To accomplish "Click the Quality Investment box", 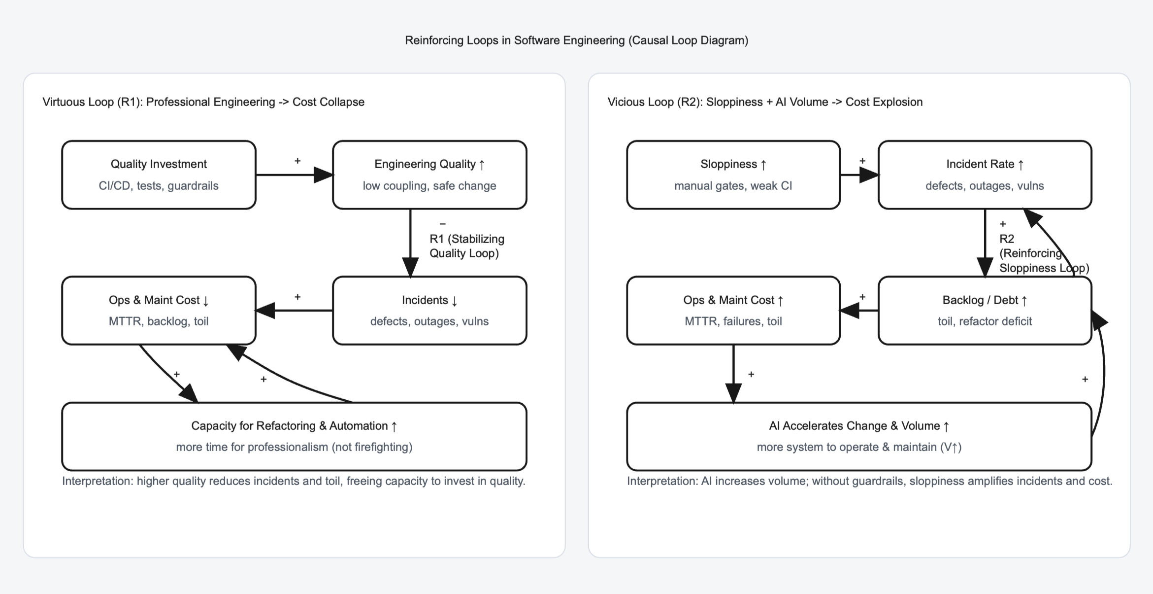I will (x=159, y=175).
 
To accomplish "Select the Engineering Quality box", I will (x=429, y=175).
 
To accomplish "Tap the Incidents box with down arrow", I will (x=429, y=310).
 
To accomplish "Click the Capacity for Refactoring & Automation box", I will (x=294, y=436).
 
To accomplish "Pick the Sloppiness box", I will (x=733, y=175).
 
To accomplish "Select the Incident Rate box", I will (x=985, y=175).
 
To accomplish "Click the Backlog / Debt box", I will (x=985, y=310).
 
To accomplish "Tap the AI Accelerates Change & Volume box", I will (x=859, y=436).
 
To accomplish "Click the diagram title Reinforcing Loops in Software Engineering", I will (x=576, y=40).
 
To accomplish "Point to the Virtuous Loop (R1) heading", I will (x=203, y=102).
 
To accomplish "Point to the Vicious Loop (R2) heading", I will (x=765, y=102).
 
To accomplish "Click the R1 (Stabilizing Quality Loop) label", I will (x=466, y=246).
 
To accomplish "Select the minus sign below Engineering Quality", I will (x=442, y=224).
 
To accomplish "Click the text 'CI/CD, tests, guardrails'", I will (x=159, y=186).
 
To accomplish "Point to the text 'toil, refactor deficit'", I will (x=985, y=321).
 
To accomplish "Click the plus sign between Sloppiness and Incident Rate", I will (x=862, y=161).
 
